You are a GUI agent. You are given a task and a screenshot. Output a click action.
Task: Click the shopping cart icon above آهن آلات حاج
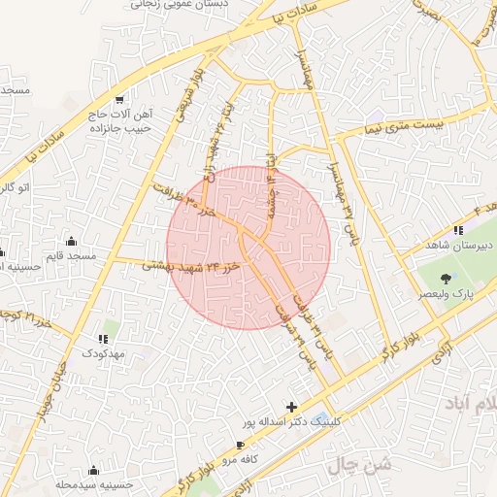coord(119,100)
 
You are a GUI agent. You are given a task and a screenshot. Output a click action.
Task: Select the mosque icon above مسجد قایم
coord(71,242)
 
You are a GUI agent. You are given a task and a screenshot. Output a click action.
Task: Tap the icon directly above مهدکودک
coord(103,340)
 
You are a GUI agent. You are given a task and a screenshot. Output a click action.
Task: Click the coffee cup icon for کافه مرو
coord(240,446)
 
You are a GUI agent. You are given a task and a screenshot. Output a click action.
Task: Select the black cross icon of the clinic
coord(292,407)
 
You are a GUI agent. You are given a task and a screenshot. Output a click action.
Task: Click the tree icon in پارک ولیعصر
coord(446,279)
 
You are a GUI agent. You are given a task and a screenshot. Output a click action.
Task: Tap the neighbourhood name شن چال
coord(362,464)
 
